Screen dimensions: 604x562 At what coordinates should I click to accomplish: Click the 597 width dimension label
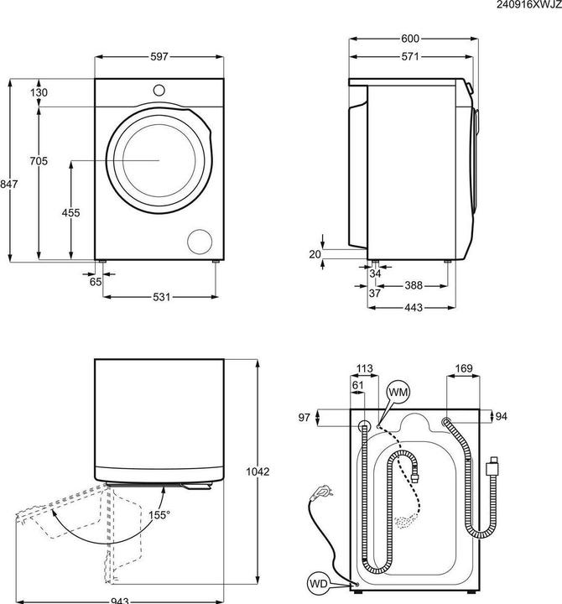pos(159,56)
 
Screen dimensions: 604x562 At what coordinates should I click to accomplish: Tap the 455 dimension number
pos(71,213)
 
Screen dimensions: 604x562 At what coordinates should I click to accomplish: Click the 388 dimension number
pos(414,286)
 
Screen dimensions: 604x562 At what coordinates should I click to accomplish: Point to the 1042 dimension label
pos(258,472)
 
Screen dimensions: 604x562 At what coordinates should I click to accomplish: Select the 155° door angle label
pos(159,514)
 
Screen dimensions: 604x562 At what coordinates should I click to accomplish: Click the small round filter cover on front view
pos(200,240)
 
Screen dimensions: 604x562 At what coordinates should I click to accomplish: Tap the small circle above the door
pos(159,90)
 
